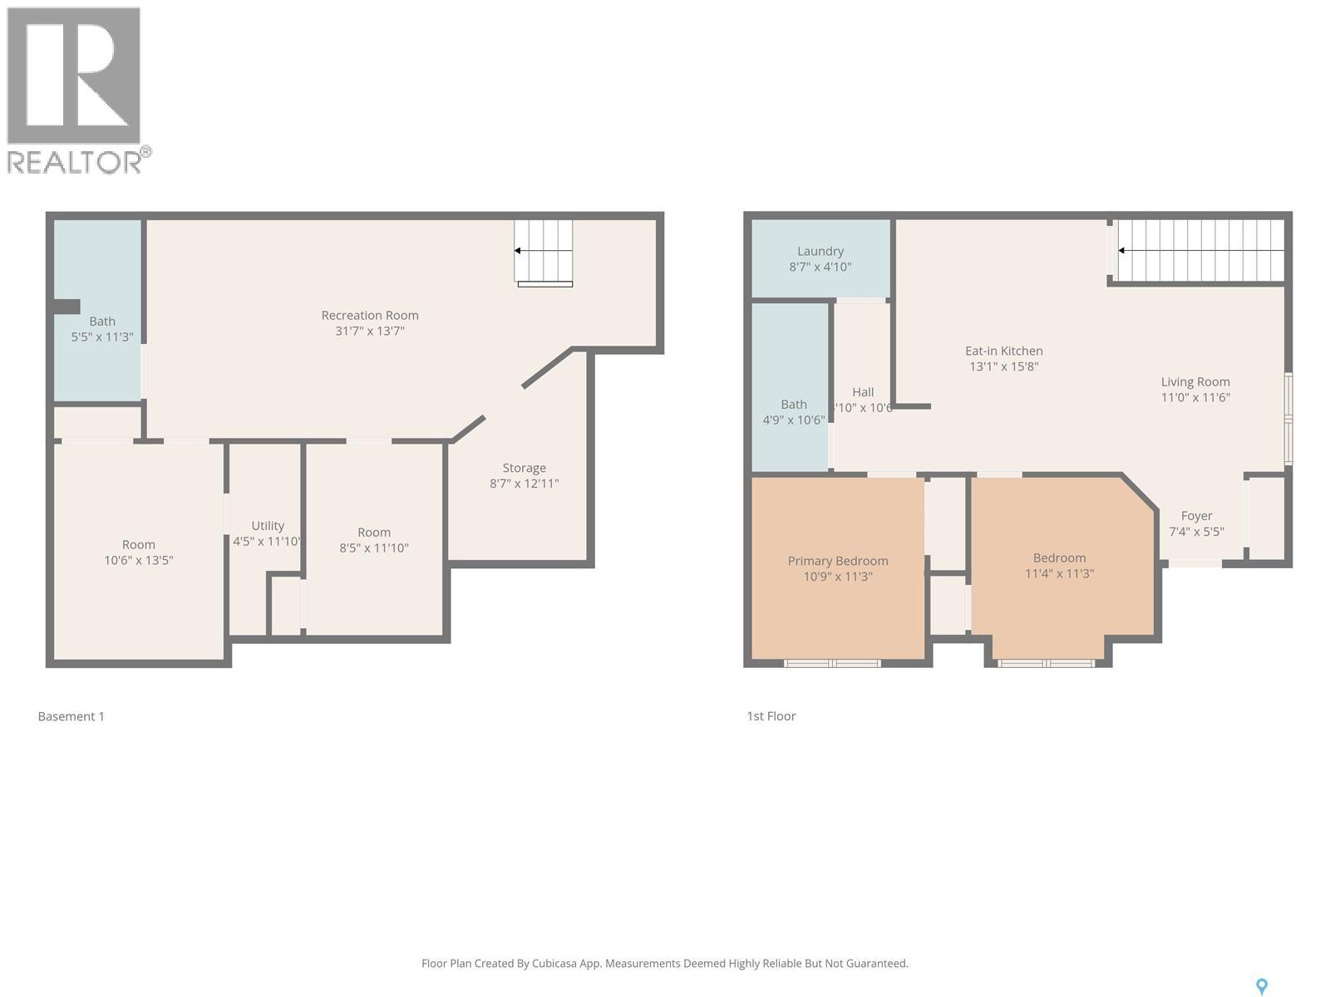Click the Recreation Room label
(370, 316)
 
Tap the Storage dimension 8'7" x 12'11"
(524, 484)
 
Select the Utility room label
(268, 526)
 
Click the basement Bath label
(102, 322)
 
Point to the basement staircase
(544, 252)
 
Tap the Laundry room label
(820, 252)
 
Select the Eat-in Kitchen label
(1003, 351)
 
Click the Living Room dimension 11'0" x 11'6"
(1195, 397)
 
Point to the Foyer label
(1196, 516)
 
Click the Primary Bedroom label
(838, 562)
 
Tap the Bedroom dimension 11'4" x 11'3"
(1059, 573)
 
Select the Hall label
(863, 392)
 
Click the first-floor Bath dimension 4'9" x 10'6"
(793, 420)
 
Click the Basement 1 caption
(71, 716)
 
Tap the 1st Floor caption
(771, 716)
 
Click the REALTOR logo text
(75, 162)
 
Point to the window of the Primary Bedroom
(832, 663)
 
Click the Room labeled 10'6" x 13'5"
(138, 545)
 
